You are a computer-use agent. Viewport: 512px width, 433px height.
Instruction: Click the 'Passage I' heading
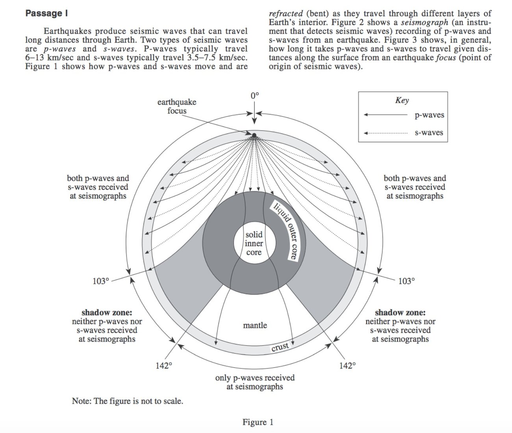[46, 13]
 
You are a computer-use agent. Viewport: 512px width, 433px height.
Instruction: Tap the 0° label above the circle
[254, 96]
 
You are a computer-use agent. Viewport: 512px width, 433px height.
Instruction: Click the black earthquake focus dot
[254, 135]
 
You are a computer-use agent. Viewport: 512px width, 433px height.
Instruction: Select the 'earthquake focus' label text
[177, 106]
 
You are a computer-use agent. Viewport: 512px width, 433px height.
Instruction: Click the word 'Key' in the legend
[402, 100]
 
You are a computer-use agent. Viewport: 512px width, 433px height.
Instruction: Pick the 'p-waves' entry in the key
[429, 115]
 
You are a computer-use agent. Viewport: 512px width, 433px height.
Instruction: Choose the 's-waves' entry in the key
[429, 133]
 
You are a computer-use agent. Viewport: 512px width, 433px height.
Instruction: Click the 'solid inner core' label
[254, 243]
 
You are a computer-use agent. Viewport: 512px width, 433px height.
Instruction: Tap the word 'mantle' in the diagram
[255, 325]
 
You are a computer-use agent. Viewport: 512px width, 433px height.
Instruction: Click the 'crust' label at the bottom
[280, 346]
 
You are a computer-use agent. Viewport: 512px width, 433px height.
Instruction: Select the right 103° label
[406, 281]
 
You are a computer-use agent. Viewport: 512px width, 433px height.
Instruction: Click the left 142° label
[164, 366]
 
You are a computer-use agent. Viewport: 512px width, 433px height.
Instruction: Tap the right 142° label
[347, 366]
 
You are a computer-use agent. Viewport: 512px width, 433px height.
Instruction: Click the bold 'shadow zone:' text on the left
[107, 313]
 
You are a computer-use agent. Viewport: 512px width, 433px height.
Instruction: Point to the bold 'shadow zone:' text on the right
[400, 313]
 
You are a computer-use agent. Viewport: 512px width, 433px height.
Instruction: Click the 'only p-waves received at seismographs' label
[255, 382]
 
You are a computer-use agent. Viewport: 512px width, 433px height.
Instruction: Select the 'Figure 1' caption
[258, 422]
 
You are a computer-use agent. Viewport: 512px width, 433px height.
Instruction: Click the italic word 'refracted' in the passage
[286, 13]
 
